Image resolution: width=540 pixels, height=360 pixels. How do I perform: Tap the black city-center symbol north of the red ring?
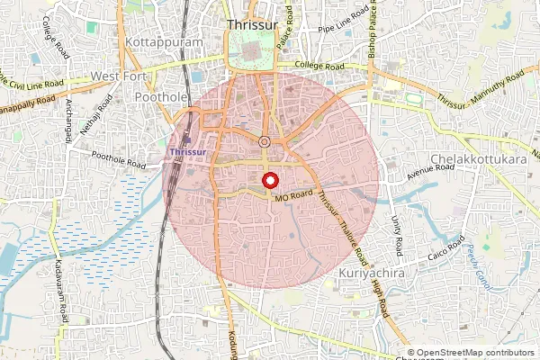pos(265,142)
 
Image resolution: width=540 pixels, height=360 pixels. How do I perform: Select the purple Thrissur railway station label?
pos(189,153)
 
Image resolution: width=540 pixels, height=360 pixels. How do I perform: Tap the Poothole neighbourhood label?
pos(158,96)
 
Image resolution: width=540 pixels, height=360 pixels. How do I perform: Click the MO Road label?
pos(293,194)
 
